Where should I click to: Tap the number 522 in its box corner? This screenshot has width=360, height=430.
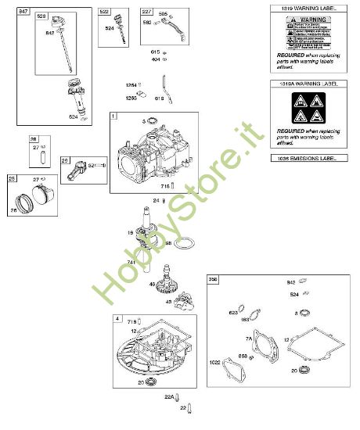[103, 12]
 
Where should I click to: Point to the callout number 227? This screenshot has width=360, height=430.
[147, 12]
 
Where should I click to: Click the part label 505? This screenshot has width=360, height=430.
[164, 14]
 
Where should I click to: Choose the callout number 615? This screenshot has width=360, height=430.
[155, 52]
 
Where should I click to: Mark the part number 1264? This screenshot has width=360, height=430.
[131, 84]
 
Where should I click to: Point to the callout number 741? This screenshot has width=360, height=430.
[131, 261]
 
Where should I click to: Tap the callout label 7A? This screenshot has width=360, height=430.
[249, 339]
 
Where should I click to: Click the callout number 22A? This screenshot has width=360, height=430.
[167, 398]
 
